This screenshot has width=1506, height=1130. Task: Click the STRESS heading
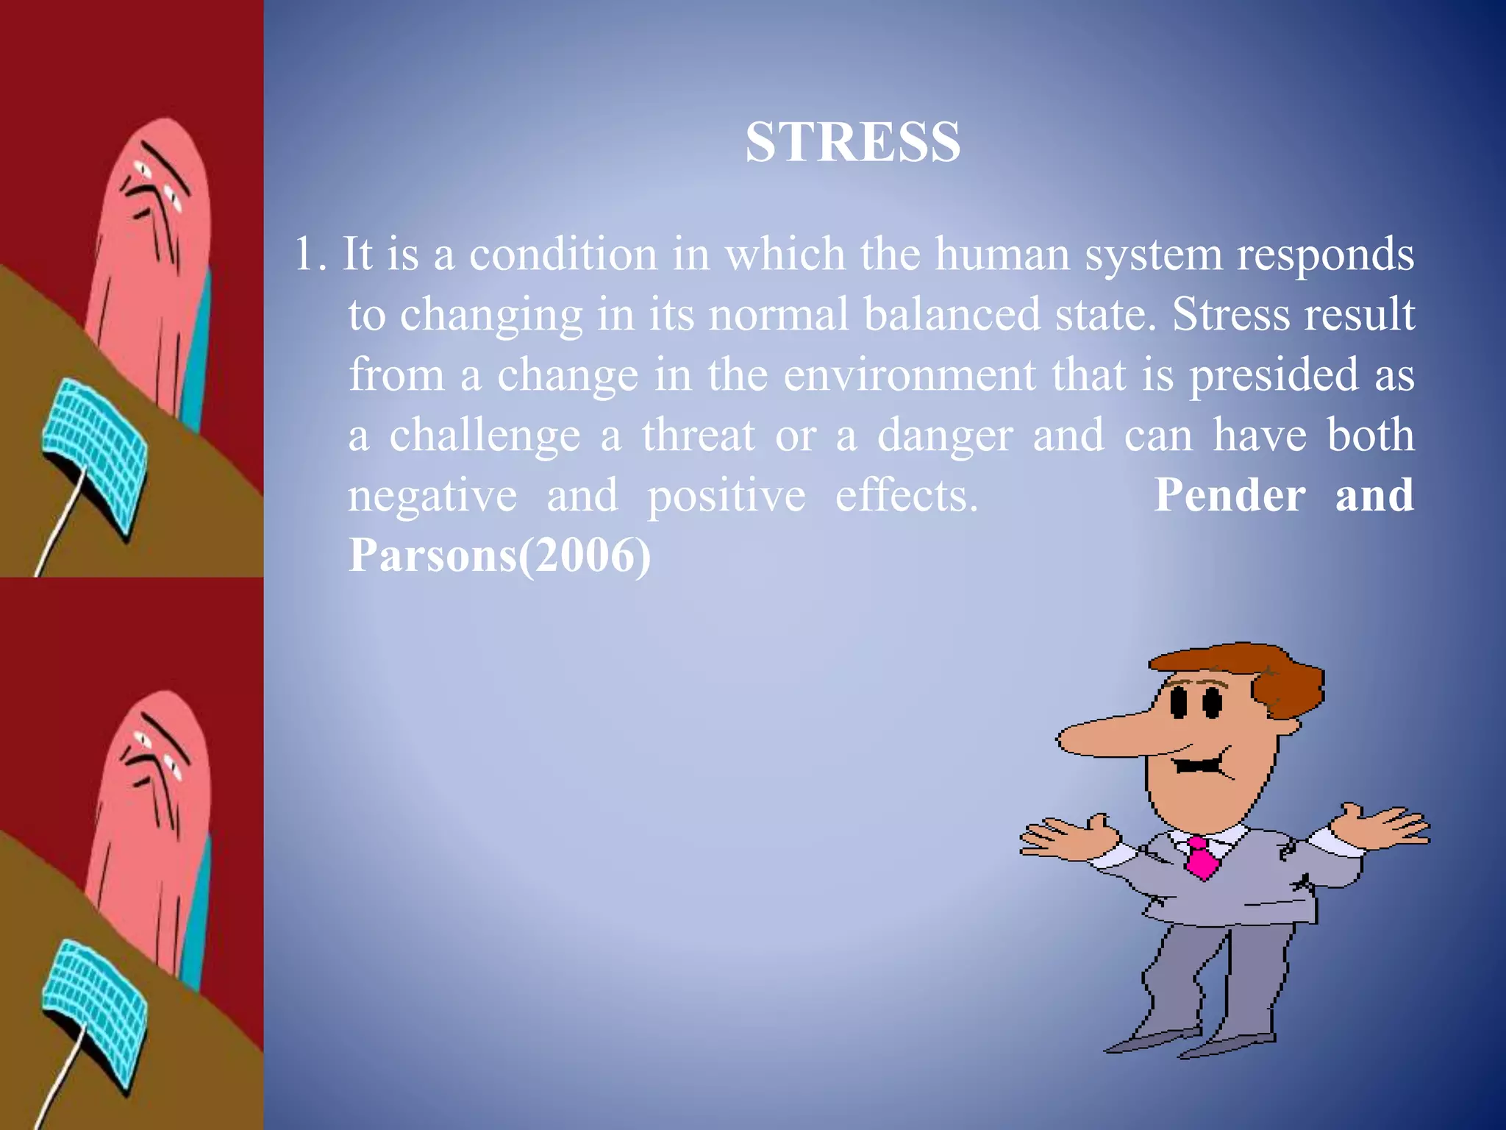tap(852, 141)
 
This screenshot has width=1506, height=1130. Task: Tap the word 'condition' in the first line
tap(563, 255)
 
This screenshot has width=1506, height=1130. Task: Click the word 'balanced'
tap(952, 315)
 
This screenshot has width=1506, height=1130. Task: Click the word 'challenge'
tap(485, 436)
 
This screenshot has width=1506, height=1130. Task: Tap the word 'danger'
tap(945, 436)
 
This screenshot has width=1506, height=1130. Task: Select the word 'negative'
tap(432, 496)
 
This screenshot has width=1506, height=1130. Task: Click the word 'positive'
tap(726, 496)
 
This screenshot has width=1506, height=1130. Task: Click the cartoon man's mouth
tap(1199, 765)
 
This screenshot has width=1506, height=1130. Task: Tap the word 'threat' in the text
tap(698, 436)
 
